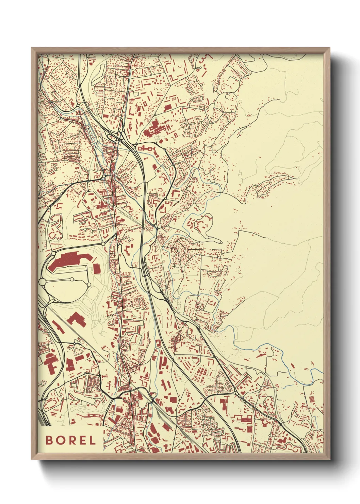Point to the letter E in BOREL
pos(82,440)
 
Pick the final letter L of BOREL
pos(92,440)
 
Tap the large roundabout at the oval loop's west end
pos(43,282)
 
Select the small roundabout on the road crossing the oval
pos(72,279)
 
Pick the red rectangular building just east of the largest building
pos(97,268)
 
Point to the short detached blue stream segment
pos(289,386)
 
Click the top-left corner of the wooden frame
pos(32,48)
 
